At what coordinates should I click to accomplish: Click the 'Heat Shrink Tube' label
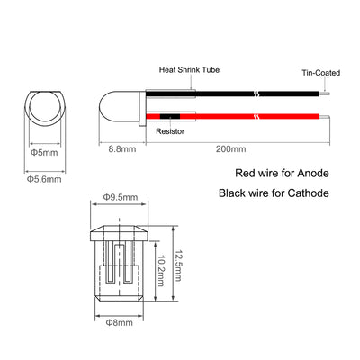point(189,70)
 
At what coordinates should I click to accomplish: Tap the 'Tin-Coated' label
point(321,73)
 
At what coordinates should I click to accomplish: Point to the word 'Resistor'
point(170,131)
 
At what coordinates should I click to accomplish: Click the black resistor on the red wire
point(170,116)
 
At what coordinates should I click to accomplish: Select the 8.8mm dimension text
point(122,149)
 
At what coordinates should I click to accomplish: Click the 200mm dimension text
point(230,149)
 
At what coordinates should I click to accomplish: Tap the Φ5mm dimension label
point(44,152)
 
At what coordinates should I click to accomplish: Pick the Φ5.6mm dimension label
point(44,179)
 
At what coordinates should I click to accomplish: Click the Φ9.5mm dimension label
point(121,197)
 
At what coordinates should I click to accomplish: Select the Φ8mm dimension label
point(119,322)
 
